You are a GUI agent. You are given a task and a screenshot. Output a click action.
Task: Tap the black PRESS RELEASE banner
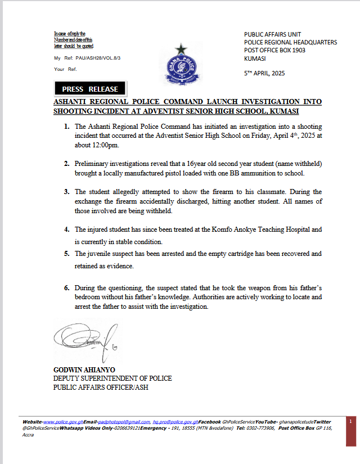(90, 89)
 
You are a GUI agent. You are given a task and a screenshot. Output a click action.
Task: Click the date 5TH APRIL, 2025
(264, 73)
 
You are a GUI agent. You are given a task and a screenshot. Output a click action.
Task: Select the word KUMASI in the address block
(256, 58)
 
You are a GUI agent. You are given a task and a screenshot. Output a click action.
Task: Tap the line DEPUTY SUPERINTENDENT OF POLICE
(112, 378)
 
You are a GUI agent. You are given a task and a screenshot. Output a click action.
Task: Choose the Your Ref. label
(65, 69)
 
